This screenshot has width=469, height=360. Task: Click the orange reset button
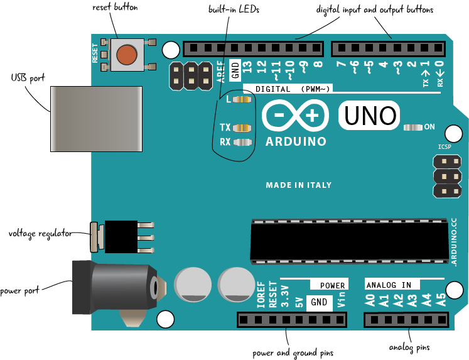click(127, 54)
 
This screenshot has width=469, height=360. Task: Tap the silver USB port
click(95, 119)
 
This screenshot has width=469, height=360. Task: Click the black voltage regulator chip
click(121, 236)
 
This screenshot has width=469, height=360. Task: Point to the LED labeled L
click(241, 99)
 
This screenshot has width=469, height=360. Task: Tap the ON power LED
click(413, 127)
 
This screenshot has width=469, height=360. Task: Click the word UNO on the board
click(370, 116)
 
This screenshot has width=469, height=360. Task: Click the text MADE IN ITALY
click(299, 185)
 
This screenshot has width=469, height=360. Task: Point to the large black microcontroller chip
click(350, 241)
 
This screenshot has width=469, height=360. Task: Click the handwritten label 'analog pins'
click(409, 347)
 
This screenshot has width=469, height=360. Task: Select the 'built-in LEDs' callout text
click(234, 9)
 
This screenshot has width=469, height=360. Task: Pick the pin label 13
click(247, 68)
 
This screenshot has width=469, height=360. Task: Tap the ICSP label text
click(445, 146)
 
